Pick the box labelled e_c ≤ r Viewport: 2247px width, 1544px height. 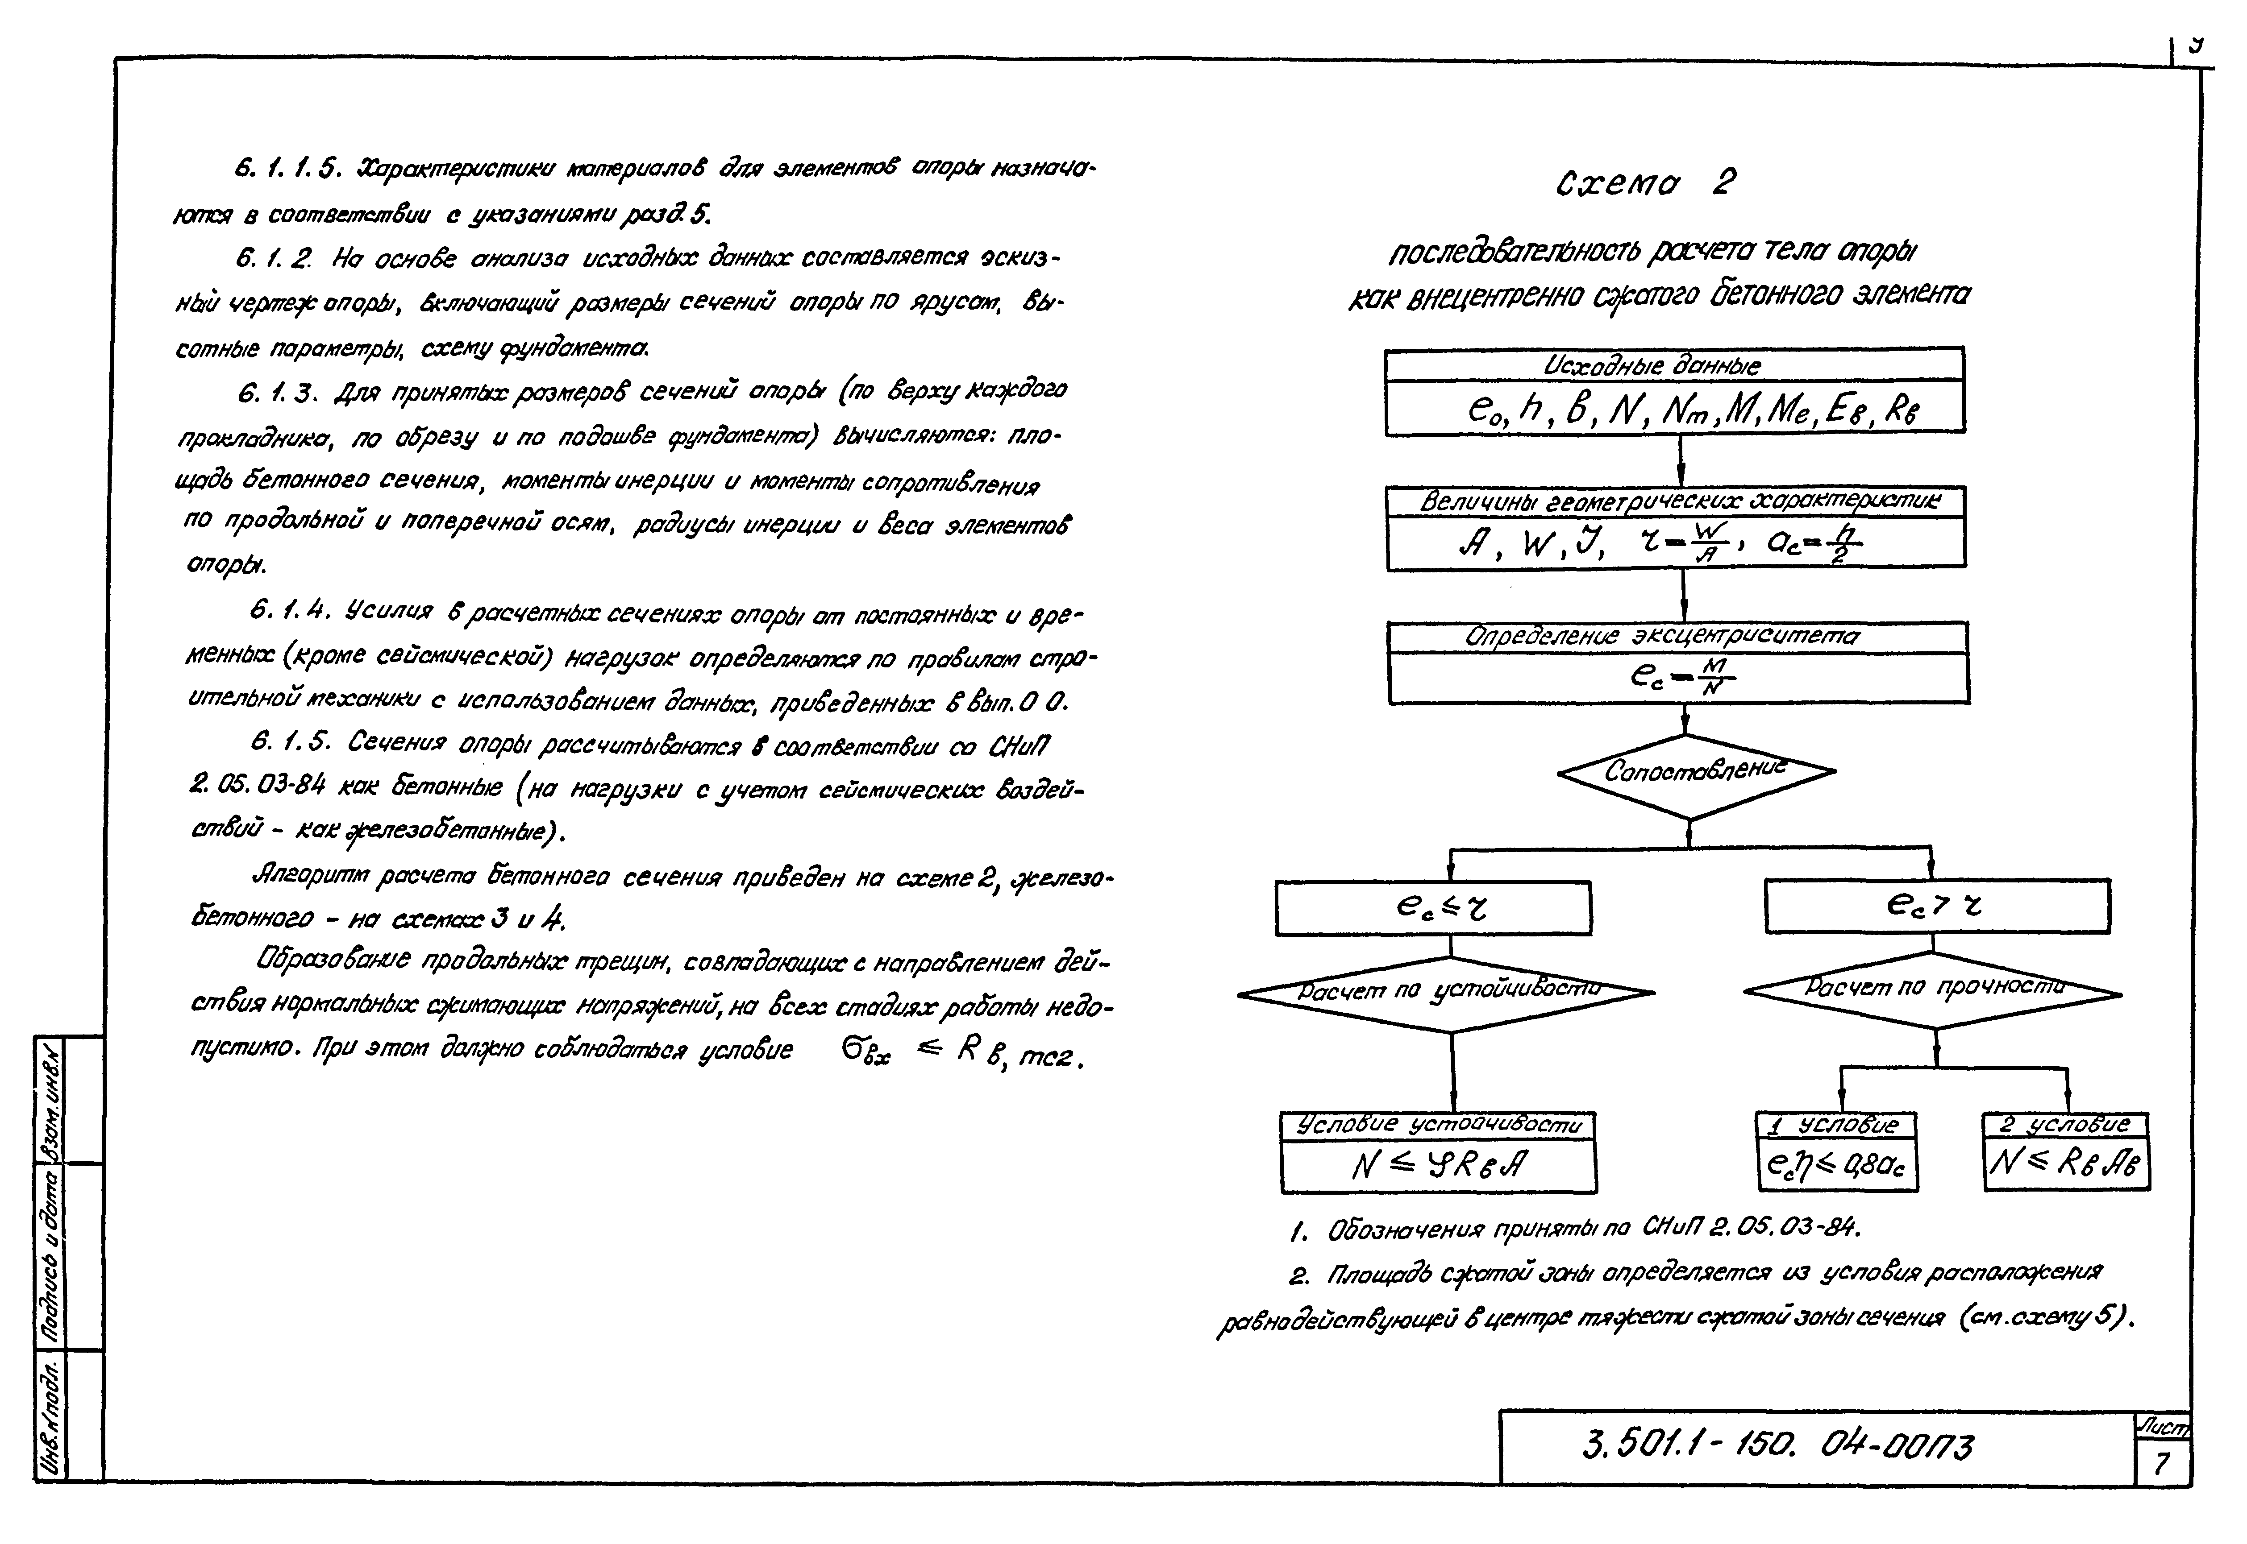pos(1432,907)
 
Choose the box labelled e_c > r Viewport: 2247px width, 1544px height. pos(1935,906)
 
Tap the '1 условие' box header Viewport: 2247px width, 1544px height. pos(1837,1125)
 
